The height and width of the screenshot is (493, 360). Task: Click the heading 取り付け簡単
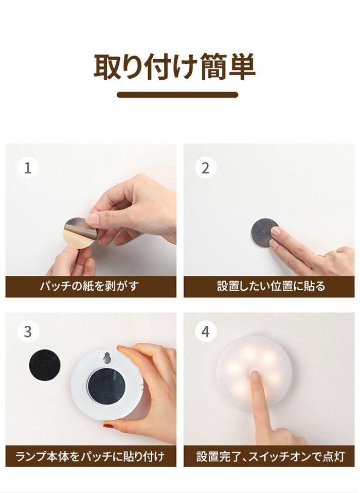coord(174,67)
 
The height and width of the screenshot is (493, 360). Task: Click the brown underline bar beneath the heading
coord(177,95)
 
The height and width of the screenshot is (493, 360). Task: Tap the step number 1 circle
coord(28,168)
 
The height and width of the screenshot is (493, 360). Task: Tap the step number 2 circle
coord(205,168)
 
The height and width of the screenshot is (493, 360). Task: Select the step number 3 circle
coord(28,331)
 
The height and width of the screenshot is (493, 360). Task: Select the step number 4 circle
coord(205,331)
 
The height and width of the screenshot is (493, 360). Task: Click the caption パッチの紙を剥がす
coord(89,286)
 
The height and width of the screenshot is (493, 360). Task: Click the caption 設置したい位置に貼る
coord(271,286)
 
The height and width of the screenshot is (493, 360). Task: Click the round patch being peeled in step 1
coord(80,233)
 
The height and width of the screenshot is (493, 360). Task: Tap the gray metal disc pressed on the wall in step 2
coord(264,233)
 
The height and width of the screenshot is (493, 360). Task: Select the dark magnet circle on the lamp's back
coord(106,386)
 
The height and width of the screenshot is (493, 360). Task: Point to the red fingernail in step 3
coord(108,426)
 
